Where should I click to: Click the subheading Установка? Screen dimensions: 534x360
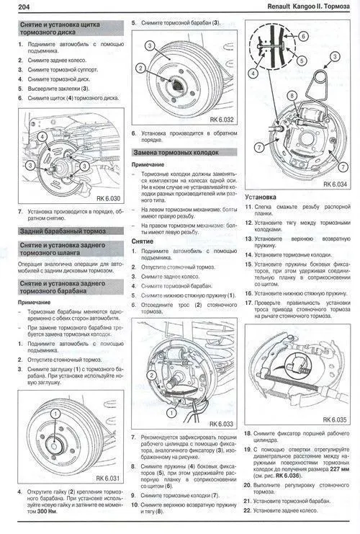(259, 196)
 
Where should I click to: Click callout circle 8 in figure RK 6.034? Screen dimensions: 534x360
(292, 95)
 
